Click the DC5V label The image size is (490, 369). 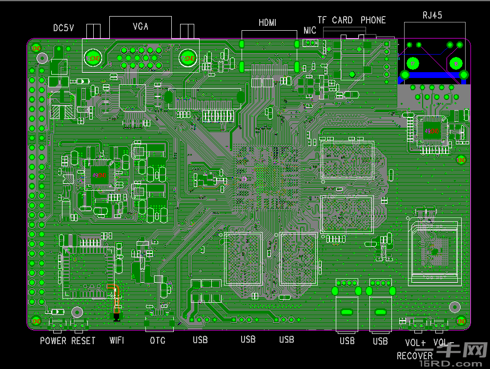click(x=63, y=28)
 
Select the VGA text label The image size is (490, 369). click(x=141, y=26)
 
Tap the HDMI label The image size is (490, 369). click(x=267, y=22)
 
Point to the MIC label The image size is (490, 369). click(x=310, y=31)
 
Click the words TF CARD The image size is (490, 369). click(x=335, y=20)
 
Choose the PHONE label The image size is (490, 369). click(x=373, y=20)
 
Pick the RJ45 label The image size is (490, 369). click(x=432, y=15)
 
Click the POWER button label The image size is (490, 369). click(x=53, y=341)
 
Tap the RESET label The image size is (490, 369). click(x=83, y=341)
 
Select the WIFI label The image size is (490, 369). click(x=117, y=340)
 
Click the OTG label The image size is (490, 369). click(x=158, y=340)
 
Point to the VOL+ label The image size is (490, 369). click(x=415, y=343)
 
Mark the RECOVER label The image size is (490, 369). click(x=414, y=356)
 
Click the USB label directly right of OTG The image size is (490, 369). click(x=200, y=340)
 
